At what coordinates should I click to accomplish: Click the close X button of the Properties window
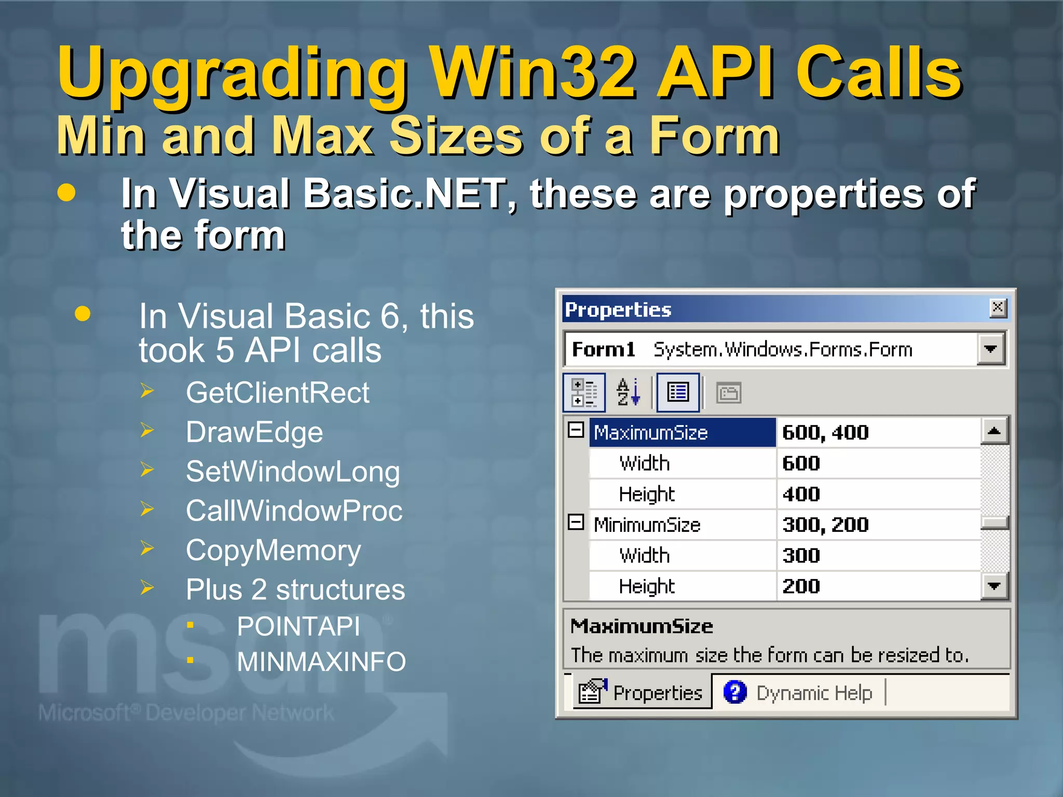[x=998, y=308]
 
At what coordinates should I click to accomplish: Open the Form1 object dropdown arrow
[x=990, y=349]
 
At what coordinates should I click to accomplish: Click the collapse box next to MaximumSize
[x=576, y=430]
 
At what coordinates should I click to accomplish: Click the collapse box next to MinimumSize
[x=576, y=522]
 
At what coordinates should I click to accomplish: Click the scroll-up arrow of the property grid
[x=994, y=431]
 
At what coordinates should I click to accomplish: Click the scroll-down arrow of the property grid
[x=994, y=586]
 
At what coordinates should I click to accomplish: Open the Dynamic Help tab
[x=814, y=693]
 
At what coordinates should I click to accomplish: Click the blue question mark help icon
[x=735, y=692]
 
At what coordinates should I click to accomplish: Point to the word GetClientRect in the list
[x=278, y=393]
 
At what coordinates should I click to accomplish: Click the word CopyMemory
[x=274, y=551]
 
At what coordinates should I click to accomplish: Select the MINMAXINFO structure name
[x=321, y=662]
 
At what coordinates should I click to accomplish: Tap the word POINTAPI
[x=298, y=626]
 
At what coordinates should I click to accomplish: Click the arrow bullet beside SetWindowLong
[x=147, y=470]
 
